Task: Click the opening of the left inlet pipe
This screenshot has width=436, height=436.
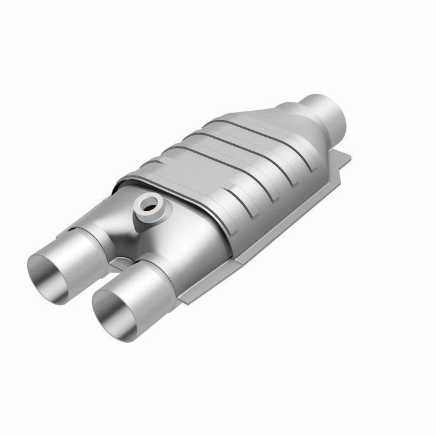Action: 48,271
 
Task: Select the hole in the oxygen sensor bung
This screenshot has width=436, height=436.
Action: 147,206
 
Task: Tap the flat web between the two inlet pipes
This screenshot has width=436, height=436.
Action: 124,264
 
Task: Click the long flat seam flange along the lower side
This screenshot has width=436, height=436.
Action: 272,230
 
